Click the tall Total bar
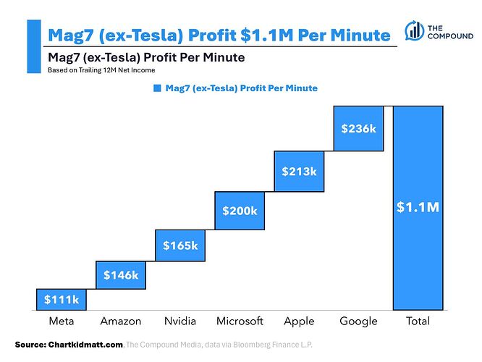[418, 208]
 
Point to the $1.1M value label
[418, 208]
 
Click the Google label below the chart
[358, 321]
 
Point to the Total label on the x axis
[418, 321]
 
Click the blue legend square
[157, 88]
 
